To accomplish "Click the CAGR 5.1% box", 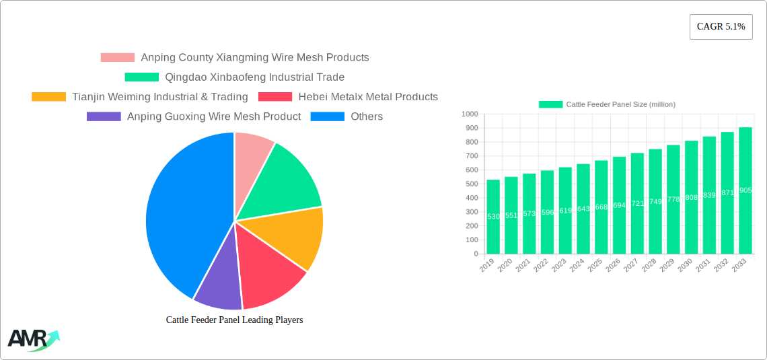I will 721,27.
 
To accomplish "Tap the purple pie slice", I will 219,283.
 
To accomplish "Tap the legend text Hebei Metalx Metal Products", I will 368,97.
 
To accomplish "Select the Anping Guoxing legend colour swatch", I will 103,116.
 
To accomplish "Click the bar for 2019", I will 493,217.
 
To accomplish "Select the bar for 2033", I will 745,190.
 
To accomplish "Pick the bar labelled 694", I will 619,205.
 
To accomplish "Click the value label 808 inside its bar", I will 691,197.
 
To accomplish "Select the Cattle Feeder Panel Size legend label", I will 620,104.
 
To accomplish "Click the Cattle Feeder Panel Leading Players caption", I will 234,320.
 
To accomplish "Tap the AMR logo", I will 32,339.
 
